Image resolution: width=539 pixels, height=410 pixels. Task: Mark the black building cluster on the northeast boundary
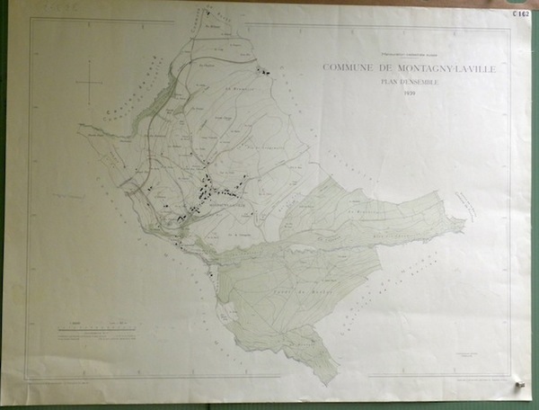pos(264,70)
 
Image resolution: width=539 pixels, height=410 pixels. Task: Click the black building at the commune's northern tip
pos(208,14)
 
